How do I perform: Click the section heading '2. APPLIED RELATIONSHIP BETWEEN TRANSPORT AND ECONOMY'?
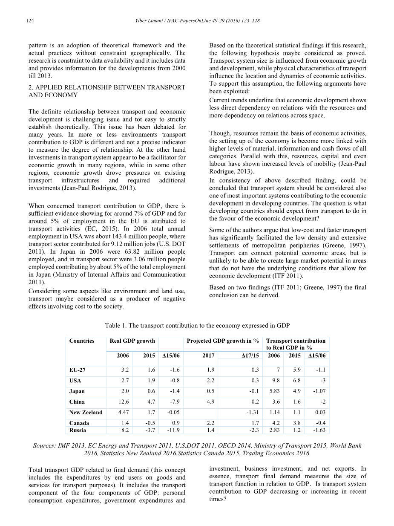pyautogui.click(x=106, y=91)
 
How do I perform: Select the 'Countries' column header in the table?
pyautogui.click(x=82, y=341)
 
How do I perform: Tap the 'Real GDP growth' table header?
pyautogui.click(x=127, y=341)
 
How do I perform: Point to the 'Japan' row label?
pyautogui.click(x=77, y=391)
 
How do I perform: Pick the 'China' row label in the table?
pyautogui.click(x=77, y=402)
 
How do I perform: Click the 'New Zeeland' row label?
pyautogui.click(x=86, y=413)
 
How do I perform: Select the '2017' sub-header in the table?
pyautogui.click(x=208, y=355)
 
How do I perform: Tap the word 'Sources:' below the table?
pyautogui.click(x=45, y=446)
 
